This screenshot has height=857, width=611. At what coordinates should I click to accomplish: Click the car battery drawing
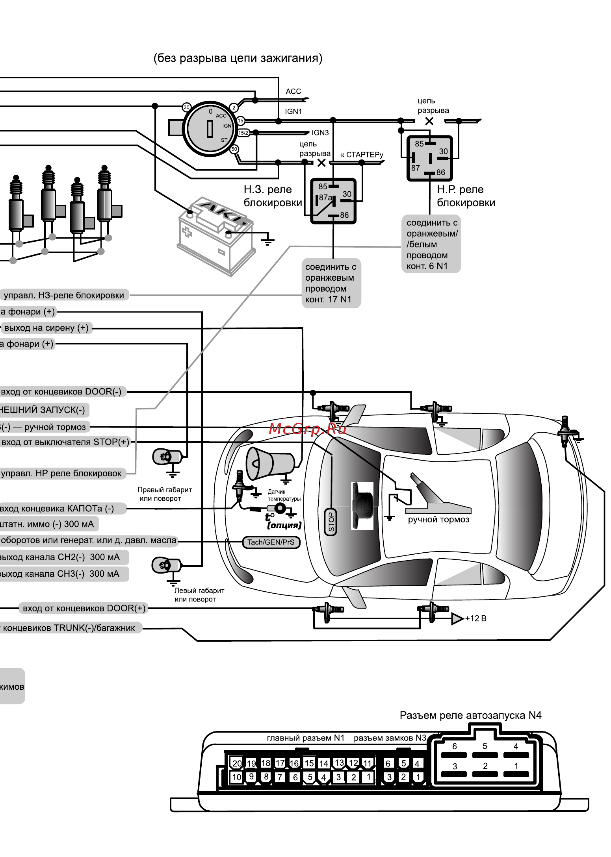click(x=216, y=236)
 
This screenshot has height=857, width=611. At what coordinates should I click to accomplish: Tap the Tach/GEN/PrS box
click(x=271, y=542)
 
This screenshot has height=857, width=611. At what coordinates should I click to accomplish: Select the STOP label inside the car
click(x=331, y=522)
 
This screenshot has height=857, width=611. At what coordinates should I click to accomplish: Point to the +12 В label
click(x=476, y=618)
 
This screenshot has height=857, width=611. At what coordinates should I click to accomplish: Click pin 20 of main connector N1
click(x=237, y=763)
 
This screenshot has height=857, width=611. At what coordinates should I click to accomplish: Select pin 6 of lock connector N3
click(x=388, y=763)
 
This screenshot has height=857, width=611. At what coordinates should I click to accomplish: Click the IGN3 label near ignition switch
click(x=320, y=133)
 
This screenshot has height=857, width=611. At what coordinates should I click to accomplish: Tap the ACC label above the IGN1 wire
click(x=293, y=91)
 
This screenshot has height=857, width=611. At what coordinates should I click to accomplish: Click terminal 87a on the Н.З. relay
click(x=325, y=198)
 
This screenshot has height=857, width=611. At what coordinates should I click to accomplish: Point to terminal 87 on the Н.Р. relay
click(x=416, y=168)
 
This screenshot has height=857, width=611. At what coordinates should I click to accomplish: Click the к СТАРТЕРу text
click(x=362, y=155)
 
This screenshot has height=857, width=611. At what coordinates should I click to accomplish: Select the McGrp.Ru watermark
click(x=307, y=429)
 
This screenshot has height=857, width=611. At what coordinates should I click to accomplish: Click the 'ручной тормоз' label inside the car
click(x=438, y=520)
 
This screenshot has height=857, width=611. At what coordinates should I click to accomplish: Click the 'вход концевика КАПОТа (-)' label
click(x=57, y=509)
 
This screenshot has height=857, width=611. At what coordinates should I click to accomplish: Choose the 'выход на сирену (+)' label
click(x=46, y=328)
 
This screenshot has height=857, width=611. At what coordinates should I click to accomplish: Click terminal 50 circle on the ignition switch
click(x=234, y=149)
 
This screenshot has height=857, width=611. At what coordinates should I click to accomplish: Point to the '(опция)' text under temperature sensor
click(x=284, y=525)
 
